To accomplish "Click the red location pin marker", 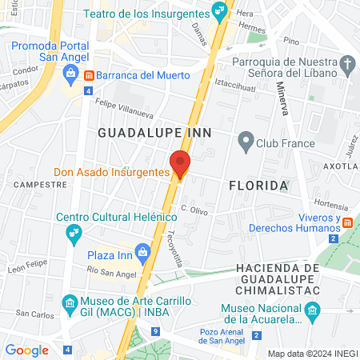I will tap(180, 164).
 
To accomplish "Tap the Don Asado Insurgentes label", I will tap(111, 172).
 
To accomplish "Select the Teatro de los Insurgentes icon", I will tap(217, 10).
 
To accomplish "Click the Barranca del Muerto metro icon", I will tap(89, 75).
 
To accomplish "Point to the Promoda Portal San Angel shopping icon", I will tap(70, 74).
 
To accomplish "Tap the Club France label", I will tap(286, 144).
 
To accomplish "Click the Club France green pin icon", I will tap(246, 144).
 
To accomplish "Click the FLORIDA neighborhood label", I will tap(258, 186).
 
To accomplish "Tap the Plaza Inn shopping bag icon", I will tap(143, 252).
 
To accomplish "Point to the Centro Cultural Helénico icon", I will tap(74, 233).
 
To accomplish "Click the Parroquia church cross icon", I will tap(347, 64).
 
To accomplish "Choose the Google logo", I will tap(26, 350).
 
